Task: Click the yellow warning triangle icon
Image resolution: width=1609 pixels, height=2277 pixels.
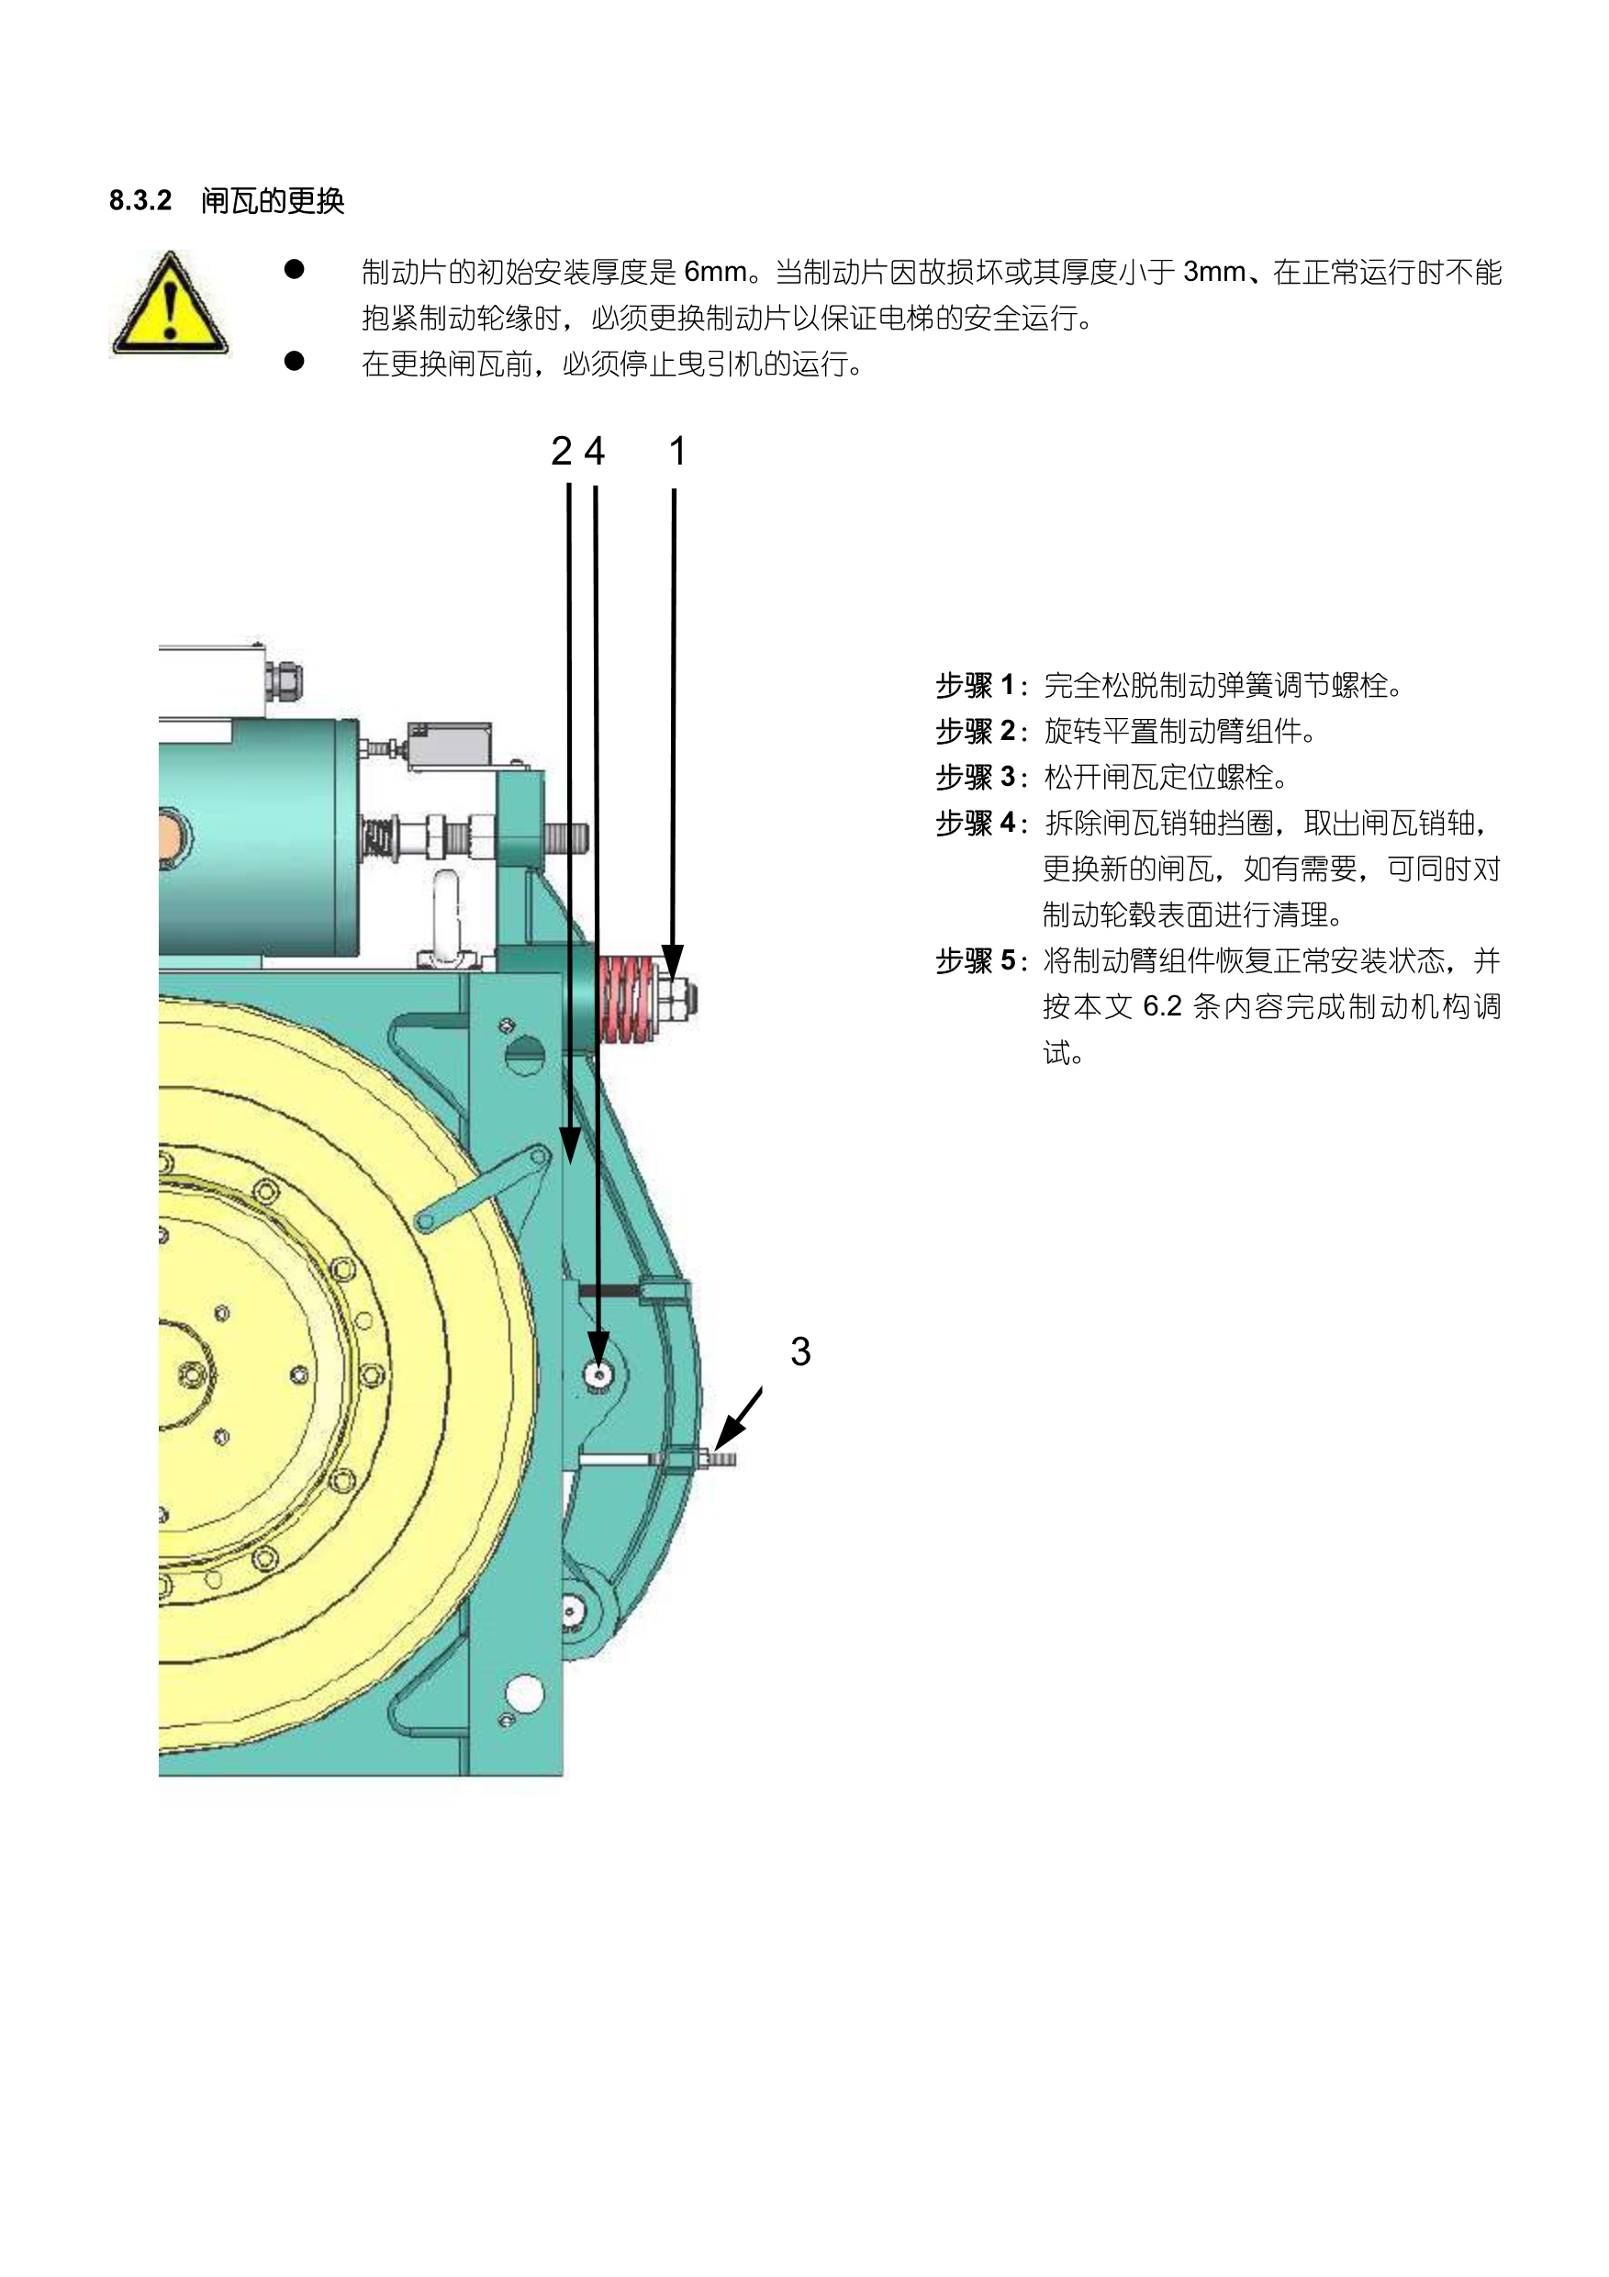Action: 170,306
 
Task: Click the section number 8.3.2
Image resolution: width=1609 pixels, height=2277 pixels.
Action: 140,200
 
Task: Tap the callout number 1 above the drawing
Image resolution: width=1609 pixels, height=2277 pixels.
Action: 677,451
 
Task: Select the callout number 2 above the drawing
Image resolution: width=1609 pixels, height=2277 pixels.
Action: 561,451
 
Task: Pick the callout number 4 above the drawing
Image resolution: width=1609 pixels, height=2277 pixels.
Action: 594,451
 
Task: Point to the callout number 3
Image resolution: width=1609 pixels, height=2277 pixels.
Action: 800,1352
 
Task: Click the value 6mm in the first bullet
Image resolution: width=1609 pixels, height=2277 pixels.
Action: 715,272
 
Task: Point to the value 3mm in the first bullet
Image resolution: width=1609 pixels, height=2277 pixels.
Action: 1213,272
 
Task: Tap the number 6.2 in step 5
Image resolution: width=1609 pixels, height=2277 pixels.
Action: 1162,1006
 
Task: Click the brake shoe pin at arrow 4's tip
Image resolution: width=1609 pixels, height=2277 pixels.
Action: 598,1374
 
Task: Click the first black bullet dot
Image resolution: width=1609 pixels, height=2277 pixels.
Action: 295,270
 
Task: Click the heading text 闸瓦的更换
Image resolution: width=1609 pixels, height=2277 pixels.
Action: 273,201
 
